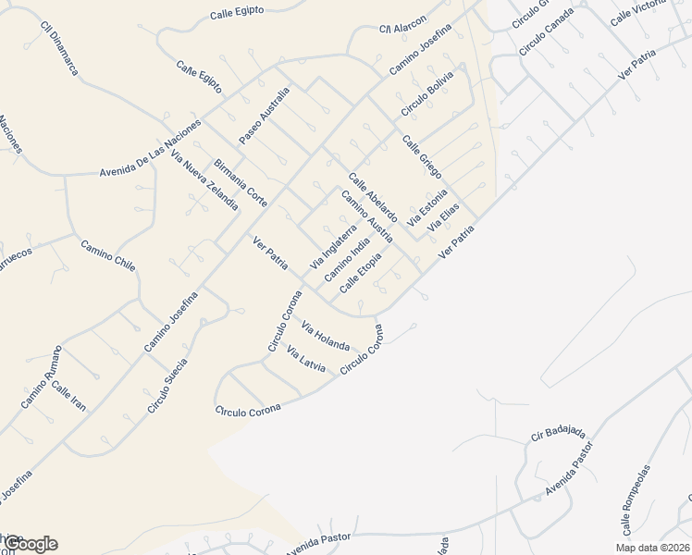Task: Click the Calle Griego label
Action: [x=422, y=157]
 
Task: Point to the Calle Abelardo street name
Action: [x=373, y=196]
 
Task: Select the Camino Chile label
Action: [x=108, y=255]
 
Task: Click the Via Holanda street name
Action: [x=326, y=339]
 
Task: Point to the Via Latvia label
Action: [x=307, y=360]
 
